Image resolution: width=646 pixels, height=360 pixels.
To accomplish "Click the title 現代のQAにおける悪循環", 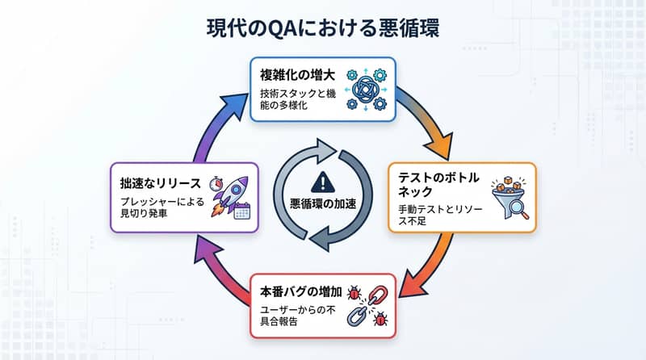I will [322, 27].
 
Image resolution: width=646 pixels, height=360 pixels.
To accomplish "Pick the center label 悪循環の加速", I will [324, 203].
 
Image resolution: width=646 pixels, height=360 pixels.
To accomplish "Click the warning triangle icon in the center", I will [324, 182].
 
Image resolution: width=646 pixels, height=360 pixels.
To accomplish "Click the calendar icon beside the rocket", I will [241, 212].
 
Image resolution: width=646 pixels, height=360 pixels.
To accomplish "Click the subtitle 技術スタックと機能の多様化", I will [296, 100].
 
